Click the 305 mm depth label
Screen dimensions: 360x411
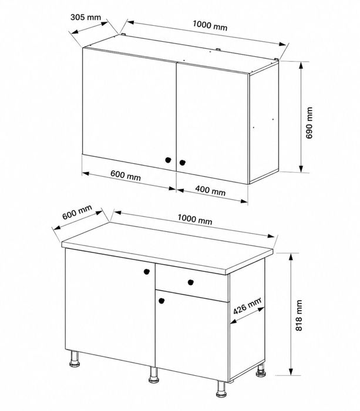tap(86, 17)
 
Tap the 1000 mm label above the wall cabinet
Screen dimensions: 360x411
tap(210, 25)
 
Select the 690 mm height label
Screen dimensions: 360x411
tap(309, 123)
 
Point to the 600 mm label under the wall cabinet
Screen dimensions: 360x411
tap(126, 176)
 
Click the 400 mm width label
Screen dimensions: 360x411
tap(210, 190)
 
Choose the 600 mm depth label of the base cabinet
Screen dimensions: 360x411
tap(78, 212)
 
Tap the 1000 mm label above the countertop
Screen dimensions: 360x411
tap(195, 220)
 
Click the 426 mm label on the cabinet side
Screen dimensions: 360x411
tap(247, 306)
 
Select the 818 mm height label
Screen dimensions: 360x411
tap(299, 315)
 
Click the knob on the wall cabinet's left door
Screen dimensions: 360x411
tap(168, 160)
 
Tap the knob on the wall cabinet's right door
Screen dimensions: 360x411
tap(182, 163)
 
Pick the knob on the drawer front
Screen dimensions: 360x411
tap(191, 282)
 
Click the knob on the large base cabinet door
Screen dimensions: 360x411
tap(147, 271)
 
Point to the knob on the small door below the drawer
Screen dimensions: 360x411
tap(162, 301)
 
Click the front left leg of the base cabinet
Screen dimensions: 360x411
tap(75, 359)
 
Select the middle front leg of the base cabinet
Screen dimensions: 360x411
tap(154, 375)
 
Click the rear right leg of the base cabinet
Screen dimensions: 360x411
tap(261, 370)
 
